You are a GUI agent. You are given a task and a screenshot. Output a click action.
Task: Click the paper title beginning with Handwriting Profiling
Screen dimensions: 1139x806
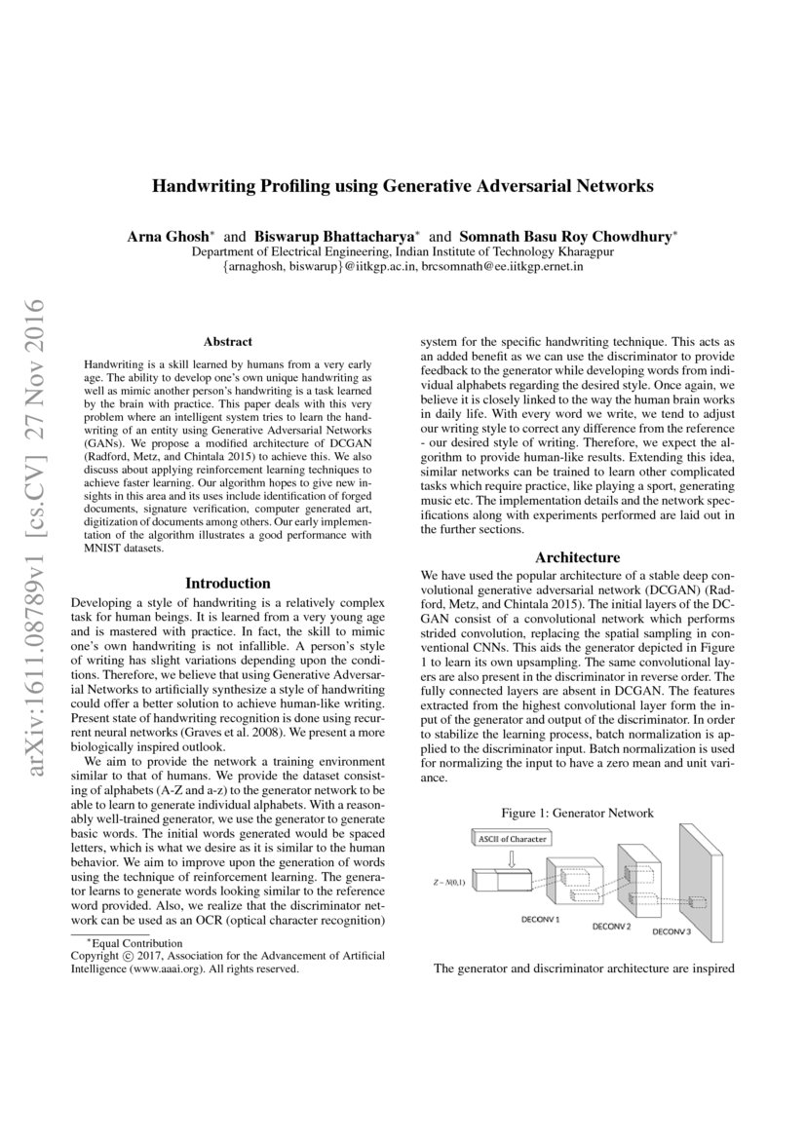click(x=403, y=184)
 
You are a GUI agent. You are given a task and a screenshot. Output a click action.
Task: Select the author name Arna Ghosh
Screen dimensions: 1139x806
click(x=161, y=236)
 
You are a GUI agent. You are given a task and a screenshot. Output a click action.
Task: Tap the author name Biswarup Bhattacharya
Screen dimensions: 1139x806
click(x=334, y=236)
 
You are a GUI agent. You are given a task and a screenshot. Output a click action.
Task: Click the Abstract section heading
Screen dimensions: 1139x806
click(x=227, y=342)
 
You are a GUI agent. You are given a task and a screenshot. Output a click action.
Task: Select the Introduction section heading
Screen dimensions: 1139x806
click(x=227, y=583)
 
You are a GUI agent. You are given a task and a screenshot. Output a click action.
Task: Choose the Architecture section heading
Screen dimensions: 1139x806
click(x=577, y=557)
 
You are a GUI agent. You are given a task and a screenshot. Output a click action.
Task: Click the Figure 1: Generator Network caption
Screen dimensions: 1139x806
click(x=577, y=813)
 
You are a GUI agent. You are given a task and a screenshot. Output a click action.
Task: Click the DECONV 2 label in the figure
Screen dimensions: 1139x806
click(x=611, y=926)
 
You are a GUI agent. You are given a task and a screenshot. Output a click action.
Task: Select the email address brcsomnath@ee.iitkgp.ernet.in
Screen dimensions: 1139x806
click(x=502, y=265)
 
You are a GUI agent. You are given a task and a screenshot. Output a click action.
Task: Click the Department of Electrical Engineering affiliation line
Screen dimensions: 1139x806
click(x=403, y=251)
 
